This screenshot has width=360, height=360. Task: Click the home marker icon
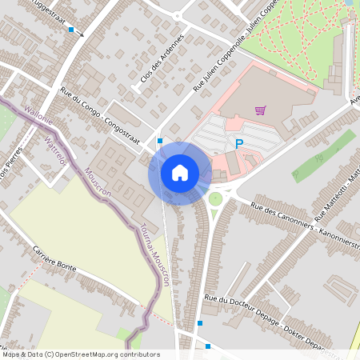tap(180, 173)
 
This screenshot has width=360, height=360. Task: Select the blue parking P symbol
tap(238, 144)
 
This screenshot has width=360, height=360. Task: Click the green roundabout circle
tap(215, 198)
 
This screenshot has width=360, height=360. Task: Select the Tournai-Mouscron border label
tap(156, 254)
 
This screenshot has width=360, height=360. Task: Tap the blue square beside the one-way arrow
tap(71, 30)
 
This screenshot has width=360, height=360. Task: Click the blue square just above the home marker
tap(160, 141)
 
